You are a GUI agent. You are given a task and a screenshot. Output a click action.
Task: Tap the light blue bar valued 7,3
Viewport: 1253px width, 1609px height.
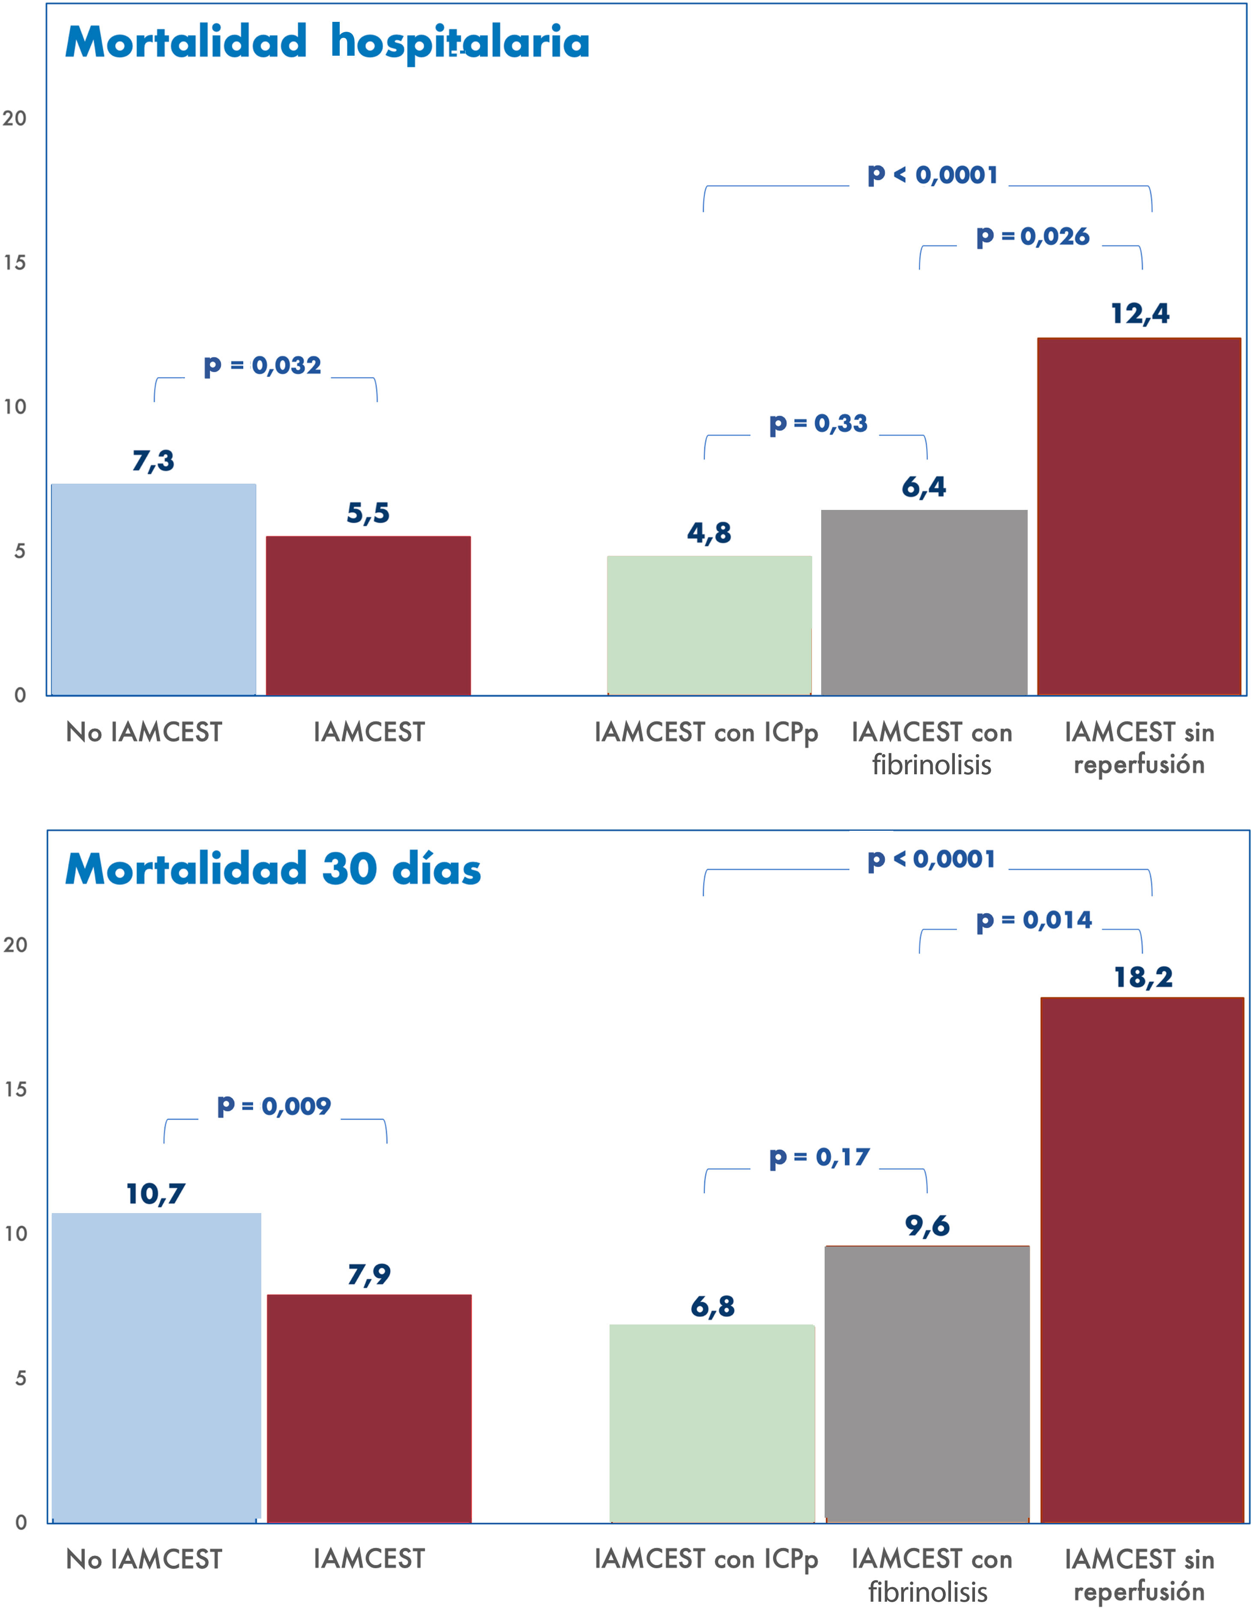(153, 589)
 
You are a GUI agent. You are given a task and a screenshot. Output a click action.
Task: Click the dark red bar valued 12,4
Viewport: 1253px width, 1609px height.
(1139, 516)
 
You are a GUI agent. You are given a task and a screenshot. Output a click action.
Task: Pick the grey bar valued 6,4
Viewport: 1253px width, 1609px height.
(924, 602)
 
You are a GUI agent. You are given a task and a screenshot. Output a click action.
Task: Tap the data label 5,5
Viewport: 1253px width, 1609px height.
(368, 513)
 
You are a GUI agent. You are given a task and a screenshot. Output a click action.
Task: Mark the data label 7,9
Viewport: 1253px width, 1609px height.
(369, 1274)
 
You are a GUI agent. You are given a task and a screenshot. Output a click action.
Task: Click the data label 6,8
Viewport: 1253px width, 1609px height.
(712, 1306)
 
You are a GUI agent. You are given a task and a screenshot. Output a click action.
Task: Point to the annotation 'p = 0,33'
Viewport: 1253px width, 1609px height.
(818, 424)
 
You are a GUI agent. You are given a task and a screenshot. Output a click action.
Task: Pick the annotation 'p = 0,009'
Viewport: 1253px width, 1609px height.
(274, 1106)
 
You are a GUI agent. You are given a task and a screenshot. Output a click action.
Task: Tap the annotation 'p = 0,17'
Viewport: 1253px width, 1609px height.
(819, 1157)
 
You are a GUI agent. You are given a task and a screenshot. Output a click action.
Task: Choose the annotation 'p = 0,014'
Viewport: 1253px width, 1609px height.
(1034, 920)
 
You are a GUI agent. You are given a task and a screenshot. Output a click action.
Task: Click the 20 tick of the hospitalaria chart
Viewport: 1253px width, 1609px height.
(15, 119)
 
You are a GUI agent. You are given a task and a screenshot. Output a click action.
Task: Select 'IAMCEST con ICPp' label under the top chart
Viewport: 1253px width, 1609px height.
(706, 732)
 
